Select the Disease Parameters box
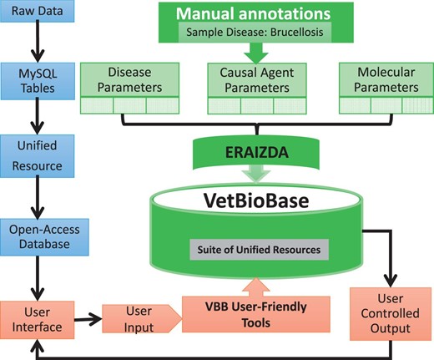pos(124,81)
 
